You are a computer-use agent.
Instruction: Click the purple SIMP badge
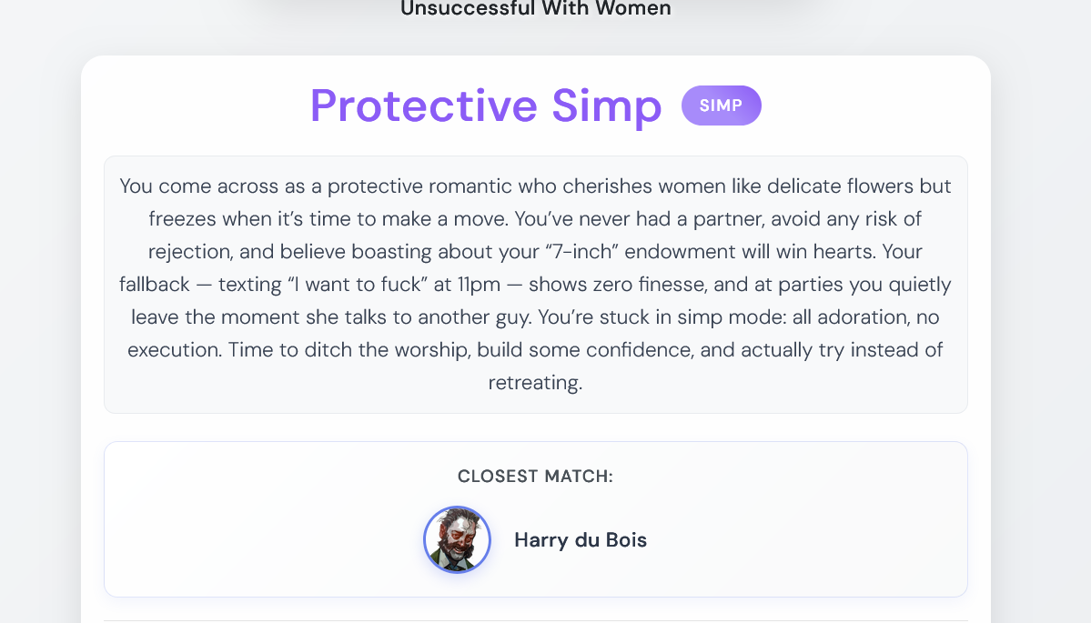click(721, 106)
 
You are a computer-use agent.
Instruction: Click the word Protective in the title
click(424, 106)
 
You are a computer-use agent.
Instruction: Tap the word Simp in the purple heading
click(607, 107)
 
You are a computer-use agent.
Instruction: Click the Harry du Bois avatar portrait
click(457, 539)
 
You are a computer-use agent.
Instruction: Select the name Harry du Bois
click(581, 540)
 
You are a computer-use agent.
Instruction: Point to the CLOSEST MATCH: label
click(535, 477)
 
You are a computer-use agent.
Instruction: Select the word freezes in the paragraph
click(183, 219)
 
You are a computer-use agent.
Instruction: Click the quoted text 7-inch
click(581, 252)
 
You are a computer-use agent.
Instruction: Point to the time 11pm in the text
click(479, 285)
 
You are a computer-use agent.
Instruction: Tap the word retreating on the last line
click(535, 382)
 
